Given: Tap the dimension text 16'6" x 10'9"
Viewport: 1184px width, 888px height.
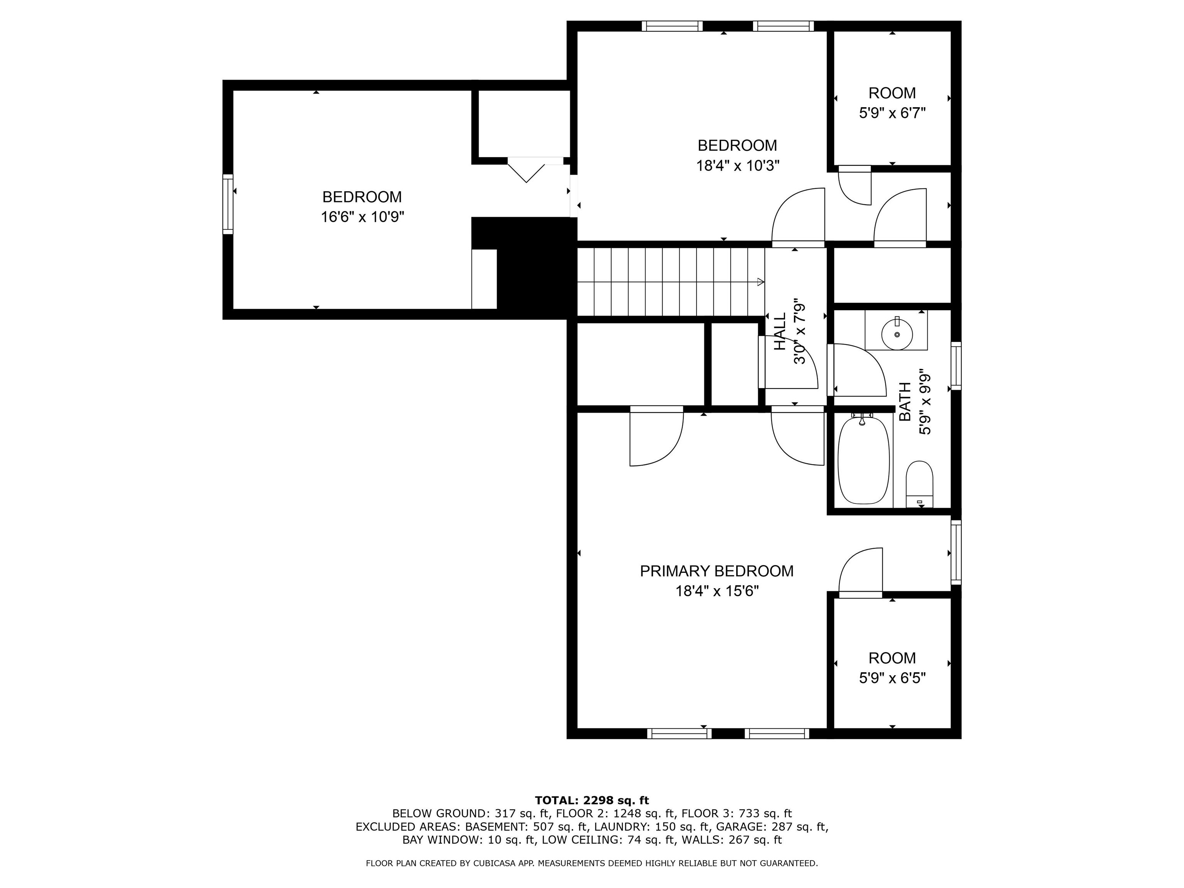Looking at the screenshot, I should pyautogui.click(x=362, y=217).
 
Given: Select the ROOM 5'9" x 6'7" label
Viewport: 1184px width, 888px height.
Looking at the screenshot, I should pyautogui.click(x=892, y=103).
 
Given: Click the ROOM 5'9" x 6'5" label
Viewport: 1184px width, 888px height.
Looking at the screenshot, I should pyautogui.click(x=892, y=668).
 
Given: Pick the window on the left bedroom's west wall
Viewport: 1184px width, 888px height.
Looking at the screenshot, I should pyautogui.click(x=228, y=204).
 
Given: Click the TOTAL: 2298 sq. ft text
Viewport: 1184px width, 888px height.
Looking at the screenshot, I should pyautogui.click(x=592, y=800).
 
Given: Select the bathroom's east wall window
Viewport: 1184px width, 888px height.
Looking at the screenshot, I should pyautogui.click(x=955, y=366).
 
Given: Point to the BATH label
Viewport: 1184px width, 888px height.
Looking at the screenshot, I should pyautogui.click(x=905, y=402).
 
